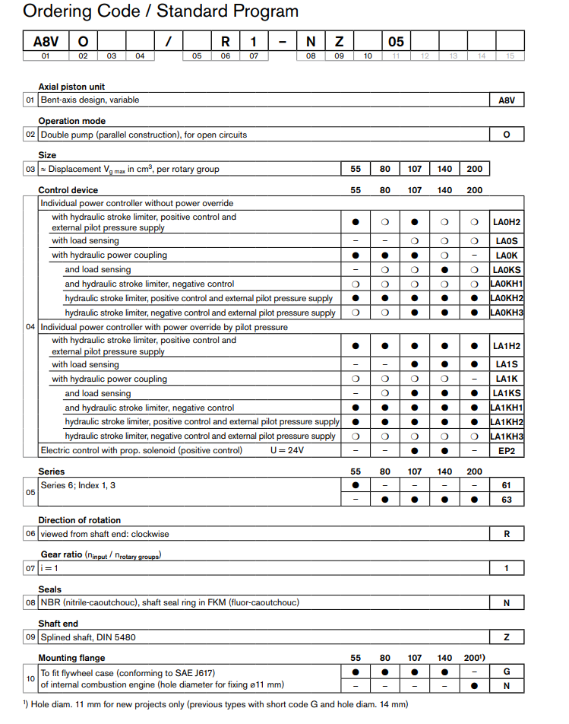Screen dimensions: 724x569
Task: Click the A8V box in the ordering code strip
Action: pos(45,41)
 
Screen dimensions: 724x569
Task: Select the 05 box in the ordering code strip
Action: pos(396,41)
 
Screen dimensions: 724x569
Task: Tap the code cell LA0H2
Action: pos(507,222)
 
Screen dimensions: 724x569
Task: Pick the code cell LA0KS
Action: pos(507,269)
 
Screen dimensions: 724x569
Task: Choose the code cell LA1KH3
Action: pos(507,437)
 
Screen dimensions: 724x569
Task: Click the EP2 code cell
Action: pos(507,451)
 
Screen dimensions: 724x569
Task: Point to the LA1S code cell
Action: pos(507,364)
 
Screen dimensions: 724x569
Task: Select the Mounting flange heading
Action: pos(71,657)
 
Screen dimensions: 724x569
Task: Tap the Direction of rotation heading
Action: pos(79,520)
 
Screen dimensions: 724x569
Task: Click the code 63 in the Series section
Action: pos(507,500)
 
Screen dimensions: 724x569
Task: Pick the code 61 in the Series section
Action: pos(507,484)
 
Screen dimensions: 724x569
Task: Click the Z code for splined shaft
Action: pos(507,637)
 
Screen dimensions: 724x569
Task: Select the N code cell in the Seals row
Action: pos(507,602)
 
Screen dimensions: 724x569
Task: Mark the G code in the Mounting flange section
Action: pos(507,672)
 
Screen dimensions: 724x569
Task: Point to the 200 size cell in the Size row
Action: pos(474,169)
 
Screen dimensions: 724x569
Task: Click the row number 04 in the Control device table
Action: pos(30,327)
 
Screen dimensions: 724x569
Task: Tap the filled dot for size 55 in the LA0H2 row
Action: pos(356,222)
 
